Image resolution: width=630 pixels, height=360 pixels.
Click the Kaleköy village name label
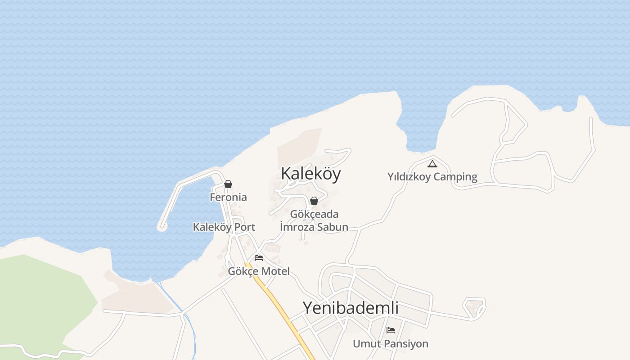pyautogui.click(x=310, y=174)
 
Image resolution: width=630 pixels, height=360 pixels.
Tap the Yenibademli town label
pyautogui.click(x=351, y=308)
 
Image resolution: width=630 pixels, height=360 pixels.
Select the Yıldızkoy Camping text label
pyautogui.click(x=432, y=177)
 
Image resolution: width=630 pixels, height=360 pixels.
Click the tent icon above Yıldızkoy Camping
pyautogui.click(x=432, y=164)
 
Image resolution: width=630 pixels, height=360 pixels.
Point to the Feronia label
pyautogui.click(x=228, y=197)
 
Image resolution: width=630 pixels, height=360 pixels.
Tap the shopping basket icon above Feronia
pyautogui.click(x=228, y=184)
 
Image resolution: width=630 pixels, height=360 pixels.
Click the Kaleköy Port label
pyautogui.click(x=224, y=227)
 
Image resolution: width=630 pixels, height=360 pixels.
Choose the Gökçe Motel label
pyautogui.click(x=259, y=271)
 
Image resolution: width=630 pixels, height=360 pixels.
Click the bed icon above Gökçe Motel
pyautogui.click(x=259, y=258)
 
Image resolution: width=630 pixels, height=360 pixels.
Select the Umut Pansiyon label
pyautogui.click(x=390, y=344)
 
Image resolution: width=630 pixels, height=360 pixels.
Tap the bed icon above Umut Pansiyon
pyautogui.click(x=391, y=330)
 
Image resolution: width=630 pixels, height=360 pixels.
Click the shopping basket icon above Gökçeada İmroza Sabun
pyautogui.click(x=314, y=201)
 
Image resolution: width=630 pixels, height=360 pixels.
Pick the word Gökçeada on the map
pyautogui.click(x=314, y=214)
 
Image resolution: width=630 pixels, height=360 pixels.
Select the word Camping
pyautogui.click(x=456, y=177)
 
